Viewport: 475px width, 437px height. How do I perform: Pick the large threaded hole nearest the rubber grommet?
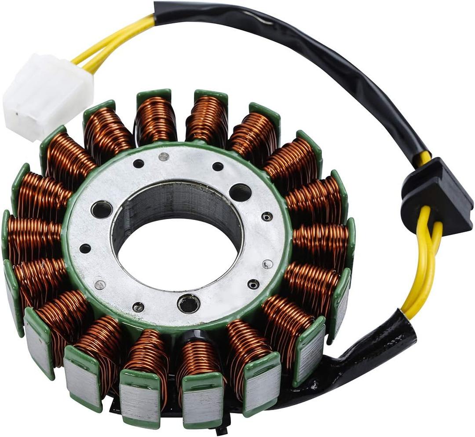click(x=240, y=192)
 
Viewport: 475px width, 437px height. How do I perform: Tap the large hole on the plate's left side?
click(x=102, y=209)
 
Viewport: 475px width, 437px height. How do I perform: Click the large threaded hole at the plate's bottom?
click(x=189, y=304)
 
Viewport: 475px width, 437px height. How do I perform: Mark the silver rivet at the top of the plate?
click(x=164, y=156)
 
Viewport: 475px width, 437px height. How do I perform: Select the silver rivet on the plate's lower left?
click(x=100, y=285)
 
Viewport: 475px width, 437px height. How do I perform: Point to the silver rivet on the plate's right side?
click(x=267, y=264)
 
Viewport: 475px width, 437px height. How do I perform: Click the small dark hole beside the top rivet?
click(x=139, y=164)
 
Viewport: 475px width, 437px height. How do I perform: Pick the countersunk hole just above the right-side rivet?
click(x=267, y=217)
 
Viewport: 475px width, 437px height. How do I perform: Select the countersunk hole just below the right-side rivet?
click(x=253, y=284)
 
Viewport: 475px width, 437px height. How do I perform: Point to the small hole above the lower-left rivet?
click(x=85, y=248)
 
